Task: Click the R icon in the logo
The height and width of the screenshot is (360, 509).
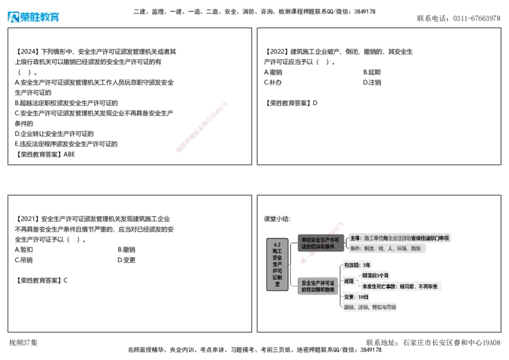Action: point(12,17)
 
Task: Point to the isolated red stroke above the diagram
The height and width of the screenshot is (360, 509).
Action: point(201,126)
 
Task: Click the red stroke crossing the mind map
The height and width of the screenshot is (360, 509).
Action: point(322,242)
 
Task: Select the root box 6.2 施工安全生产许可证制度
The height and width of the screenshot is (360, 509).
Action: point(277,264)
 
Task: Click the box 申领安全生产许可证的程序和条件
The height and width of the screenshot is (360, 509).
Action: point(321,243)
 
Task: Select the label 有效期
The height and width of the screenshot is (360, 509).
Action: point(351,265)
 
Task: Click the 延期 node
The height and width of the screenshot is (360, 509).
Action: point(349,280)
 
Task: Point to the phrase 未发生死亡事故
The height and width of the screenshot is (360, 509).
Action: point(379,287)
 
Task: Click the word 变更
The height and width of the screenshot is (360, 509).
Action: point(349,297)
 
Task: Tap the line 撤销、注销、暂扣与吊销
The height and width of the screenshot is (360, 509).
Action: point(370,307)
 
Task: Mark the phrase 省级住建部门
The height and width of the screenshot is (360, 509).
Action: point(424,239)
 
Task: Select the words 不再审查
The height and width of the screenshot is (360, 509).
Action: point(427,287)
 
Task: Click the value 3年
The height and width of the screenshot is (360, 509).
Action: point(366,265)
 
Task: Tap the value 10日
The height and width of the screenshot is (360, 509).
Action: point(363,297)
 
